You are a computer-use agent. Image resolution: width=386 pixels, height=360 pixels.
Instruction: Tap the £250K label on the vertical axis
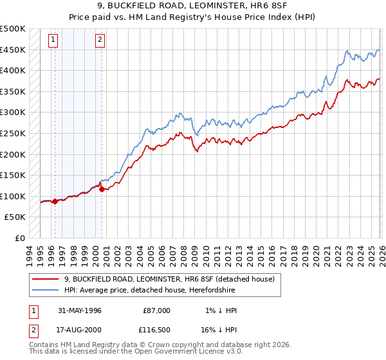click(13, 133)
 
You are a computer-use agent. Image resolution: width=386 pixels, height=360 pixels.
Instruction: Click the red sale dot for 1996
click(55, 201)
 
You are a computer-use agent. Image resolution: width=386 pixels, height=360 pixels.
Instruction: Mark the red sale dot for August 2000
click(102, 189)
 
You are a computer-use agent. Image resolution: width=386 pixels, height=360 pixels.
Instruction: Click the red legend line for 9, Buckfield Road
click(45, 279)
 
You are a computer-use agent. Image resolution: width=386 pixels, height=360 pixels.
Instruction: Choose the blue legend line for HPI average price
click(45, 290)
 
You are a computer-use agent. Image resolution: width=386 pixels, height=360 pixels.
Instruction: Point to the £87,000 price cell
click(157, 310)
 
